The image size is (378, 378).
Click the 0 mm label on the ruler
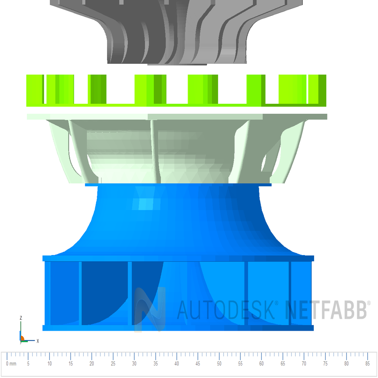11,364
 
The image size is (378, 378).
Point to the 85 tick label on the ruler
367,364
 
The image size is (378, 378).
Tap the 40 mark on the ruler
177,364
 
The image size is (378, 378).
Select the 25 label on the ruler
113,364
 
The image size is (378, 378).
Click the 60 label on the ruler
261,364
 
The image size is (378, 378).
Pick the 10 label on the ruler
49,364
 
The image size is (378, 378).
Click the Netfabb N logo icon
150,309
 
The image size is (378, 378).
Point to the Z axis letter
21,318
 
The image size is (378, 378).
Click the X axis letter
38,341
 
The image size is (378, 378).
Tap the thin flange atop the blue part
178,185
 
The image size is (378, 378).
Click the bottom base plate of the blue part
178,328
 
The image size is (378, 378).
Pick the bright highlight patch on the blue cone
146,203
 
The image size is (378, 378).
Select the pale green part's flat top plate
177,117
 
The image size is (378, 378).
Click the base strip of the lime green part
176,105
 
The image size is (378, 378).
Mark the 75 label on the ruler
325,364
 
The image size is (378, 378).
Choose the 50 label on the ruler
219,364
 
